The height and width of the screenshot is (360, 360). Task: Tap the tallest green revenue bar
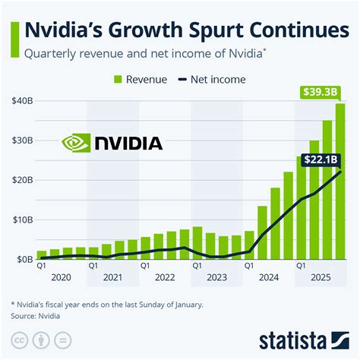(340, 182)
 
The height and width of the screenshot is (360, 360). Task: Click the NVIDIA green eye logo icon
(76, 143)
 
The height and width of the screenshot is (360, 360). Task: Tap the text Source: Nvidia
(36, 314)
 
